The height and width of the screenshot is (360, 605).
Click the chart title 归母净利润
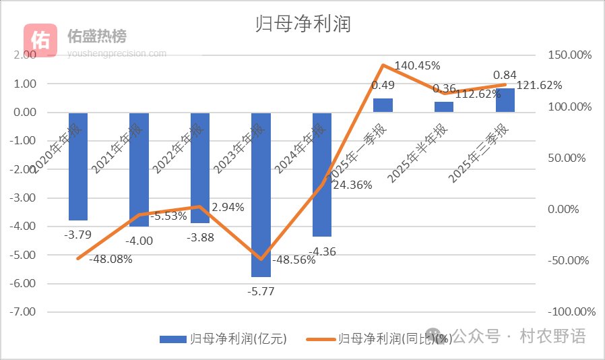303,24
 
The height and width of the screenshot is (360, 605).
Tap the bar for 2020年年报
77,167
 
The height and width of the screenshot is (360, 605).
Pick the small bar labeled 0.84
505,100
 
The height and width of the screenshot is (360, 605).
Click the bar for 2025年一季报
383,105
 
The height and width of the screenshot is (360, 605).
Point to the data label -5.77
261,291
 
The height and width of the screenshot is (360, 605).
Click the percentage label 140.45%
417,65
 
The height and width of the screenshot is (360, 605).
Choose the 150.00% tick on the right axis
571,55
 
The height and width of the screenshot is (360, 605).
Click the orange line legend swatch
321,338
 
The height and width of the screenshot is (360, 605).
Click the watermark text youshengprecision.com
117,53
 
